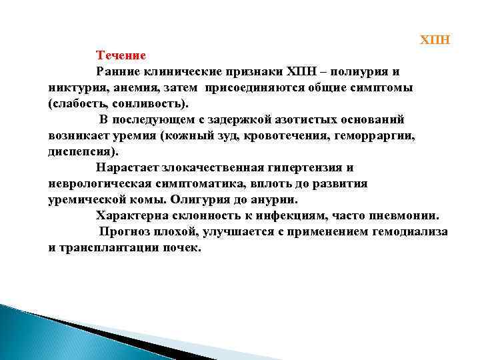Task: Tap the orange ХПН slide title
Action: click(x=435, y=40)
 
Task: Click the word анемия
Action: click(x=129, y=88)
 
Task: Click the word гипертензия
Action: click(x=307, y=168)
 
